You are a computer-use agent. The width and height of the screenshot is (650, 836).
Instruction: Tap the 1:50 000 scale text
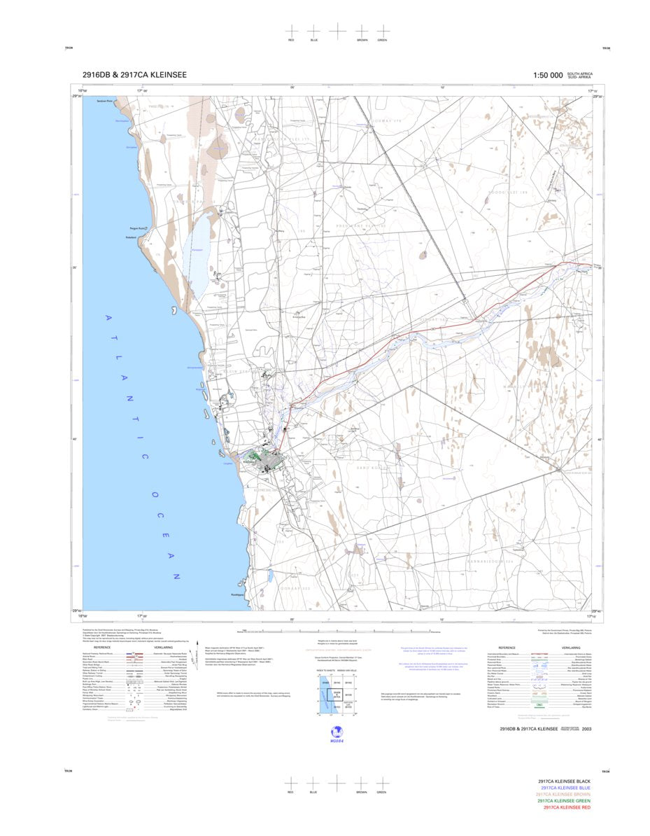tap(548, 75)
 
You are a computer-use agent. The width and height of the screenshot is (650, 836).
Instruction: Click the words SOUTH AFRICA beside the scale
tap(579, 73)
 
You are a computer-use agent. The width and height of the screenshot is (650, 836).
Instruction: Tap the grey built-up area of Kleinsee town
tap(269, 460)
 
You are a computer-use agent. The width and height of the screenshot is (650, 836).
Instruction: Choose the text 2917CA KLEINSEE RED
tap(564, 807)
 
